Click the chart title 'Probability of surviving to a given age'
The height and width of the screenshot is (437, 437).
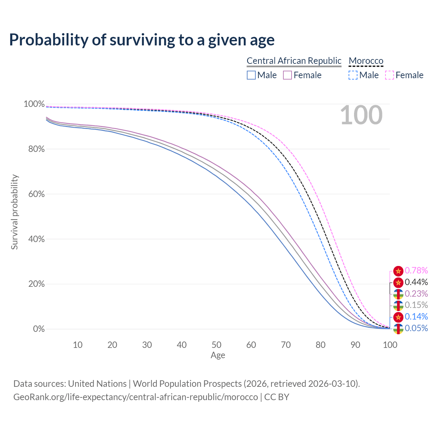[142, 40]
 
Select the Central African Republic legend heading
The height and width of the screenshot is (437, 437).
[294, 61]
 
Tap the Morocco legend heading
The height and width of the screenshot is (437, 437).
[366, 61]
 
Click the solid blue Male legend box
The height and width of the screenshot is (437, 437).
[251, 75]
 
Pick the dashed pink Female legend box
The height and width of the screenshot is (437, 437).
[390, 75]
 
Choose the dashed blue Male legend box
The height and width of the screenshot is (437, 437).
[353, 75]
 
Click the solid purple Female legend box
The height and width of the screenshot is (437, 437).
[287, 75]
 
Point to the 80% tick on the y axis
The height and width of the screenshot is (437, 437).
[34, 149]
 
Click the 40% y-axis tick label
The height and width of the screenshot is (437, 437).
[34, 239]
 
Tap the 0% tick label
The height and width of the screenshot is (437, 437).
[39, 329]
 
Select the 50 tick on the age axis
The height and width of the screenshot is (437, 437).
[216, 345]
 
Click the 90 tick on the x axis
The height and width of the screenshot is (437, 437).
[355, 345]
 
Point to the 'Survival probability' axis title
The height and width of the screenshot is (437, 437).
[14, 212]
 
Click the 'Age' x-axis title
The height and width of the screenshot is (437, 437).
[218, 355]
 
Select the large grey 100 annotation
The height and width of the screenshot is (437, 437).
[361, 115]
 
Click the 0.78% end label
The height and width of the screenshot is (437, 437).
[416, 271]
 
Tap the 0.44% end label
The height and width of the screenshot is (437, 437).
[416, 282]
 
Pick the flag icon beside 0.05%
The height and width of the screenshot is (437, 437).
[398, 329]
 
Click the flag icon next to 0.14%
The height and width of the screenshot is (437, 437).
[398, 317]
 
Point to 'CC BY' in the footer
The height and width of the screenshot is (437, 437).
[277, 397]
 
